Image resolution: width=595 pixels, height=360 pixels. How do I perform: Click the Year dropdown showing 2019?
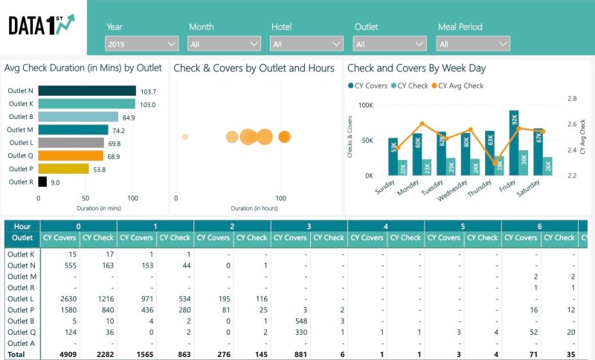(x=141, y=44)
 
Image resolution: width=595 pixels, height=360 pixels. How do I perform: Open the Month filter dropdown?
(x=224, y=44)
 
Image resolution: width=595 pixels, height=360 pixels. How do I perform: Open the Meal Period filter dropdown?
(x=474, y=44)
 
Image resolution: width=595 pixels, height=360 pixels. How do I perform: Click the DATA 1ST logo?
(x=42, y=26)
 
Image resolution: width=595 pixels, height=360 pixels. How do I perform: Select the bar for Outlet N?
(x=86, y=91)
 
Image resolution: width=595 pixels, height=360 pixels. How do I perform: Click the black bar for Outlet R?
(x=42, y=181)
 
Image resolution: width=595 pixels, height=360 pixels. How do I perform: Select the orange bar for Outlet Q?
(x=71, y=155)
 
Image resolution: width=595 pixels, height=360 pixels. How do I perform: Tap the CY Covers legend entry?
(x=367, y=86)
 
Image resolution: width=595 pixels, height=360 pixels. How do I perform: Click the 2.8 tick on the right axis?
(x=571, y=98)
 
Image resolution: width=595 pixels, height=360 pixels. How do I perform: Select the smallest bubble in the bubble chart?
(x=184, y=137)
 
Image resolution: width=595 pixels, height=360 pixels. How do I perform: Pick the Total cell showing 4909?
(x=65, y=354)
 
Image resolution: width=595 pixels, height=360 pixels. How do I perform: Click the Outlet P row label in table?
(x=20, y=309)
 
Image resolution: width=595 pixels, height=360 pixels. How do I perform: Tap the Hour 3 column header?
(x=308, y=225)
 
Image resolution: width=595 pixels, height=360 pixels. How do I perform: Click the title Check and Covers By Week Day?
(x=416, y=68)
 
